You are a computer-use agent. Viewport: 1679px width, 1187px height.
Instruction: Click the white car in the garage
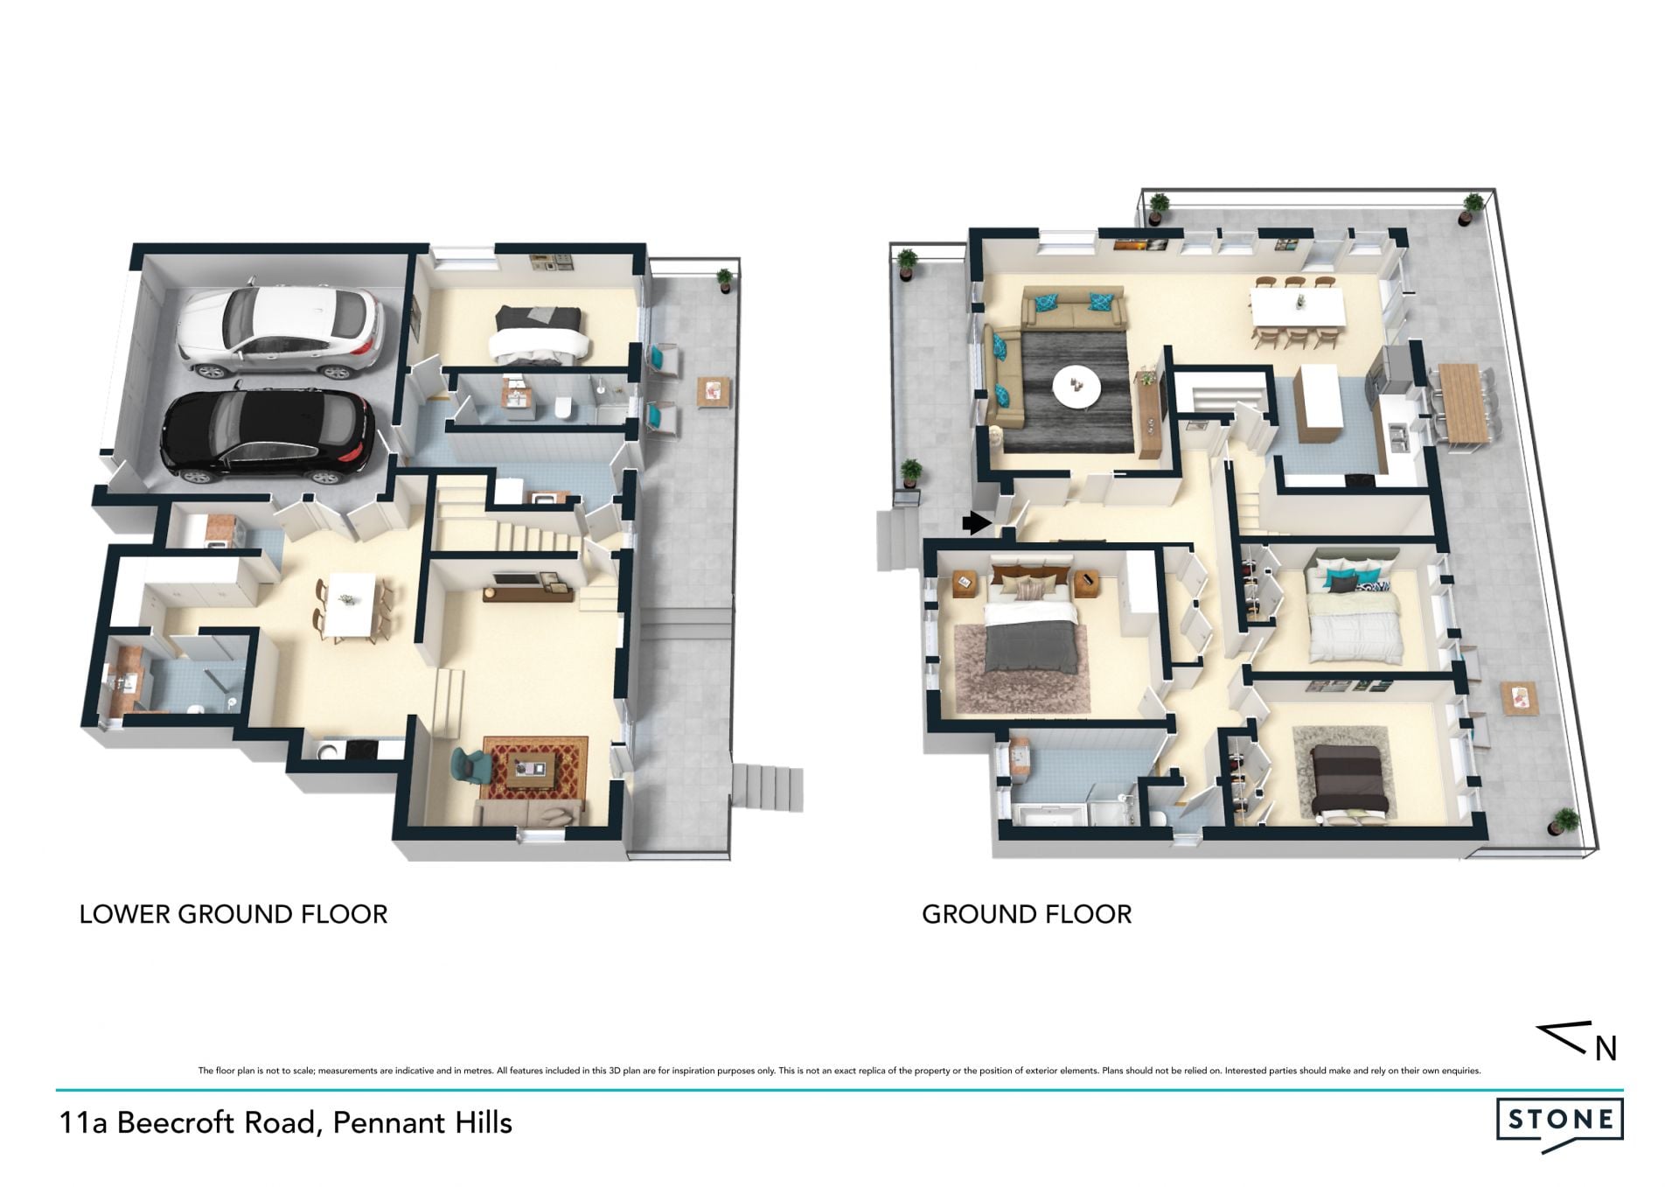coord(280,331)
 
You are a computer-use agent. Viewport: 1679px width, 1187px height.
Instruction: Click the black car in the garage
coord(268,436)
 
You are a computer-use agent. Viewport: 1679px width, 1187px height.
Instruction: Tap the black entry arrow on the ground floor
coord(977,524)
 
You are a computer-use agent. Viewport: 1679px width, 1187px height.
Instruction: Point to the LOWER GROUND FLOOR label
coord(233,915)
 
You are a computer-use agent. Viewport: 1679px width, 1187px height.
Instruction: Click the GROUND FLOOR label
coord(1027,915)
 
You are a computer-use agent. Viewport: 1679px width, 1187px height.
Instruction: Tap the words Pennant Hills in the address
coord(422,1122)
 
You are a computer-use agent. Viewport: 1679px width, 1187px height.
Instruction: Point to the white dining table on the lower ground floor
coord(349,604)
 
